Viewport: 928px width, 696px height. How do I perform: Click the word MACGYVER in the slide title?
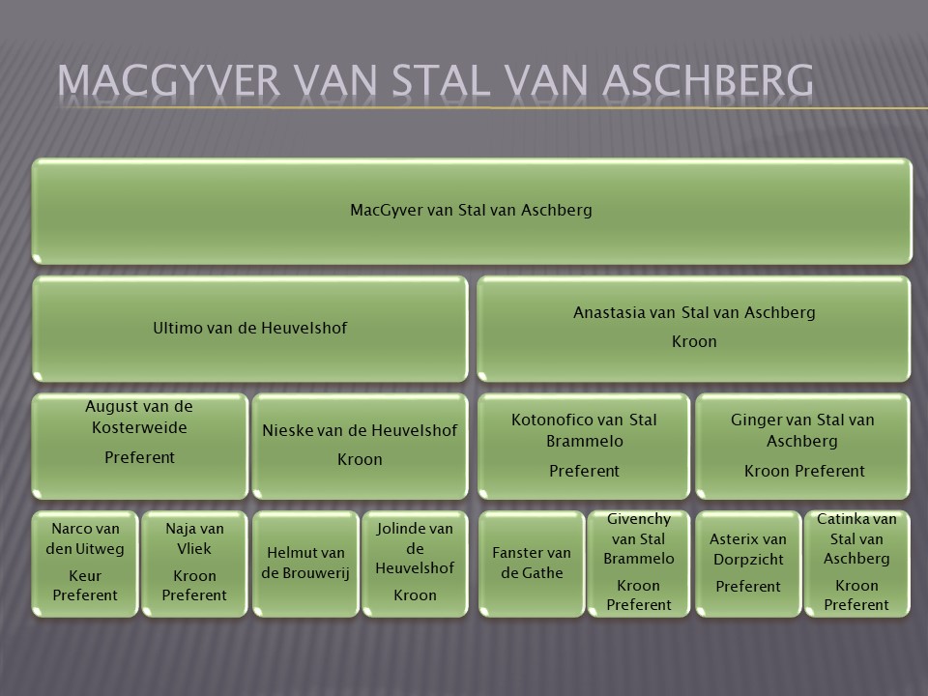(168, 80)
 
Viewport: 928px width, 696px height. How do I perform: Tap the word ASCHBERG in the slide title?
(708, 80)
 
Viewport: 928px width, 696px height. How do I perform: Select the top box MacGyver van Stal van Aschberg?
(472, 211)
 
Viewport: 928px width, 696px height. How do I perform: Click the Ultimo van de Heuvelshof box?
(249, 329)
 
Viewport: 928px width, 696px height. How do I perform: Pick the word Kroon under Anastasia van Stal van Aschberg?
(694, 341)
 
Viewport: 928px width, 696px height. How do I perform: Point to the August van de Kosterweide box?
(139, 447)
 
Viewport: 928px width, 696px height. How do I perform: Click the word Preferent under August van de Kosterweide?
(139, 457)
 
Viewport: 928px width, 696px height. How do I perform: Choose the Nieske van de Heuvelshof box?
(360, 447)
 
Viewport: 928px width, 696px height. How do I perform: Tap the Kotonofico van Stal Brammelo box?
(584, 447)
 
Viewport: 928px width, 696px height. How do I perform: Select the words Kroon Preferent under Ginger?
(804, 471)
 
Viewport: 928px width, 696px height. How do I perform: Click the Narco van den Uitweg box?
(85, 564)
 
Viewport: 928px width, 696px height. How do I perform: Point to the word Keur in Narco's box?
(85, 576)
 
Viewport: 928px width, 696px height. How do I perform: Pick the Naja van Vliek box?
(194, 564)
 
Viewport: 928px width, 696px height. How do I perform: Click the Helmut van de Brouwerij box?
(305, 564)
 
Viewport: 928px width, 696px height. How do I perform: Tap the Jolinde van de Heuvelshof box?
(415, 564)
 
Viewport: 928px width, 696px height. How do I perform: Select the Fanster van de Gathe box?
(532, 564)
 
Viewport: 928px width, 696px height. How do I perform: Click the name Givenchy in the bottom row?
(639, 520)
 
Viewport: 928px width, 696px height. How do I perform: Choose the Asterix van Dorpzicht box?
(748, 564)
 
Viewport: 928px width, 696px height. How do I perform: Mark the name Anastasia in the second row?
(608, 312)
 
